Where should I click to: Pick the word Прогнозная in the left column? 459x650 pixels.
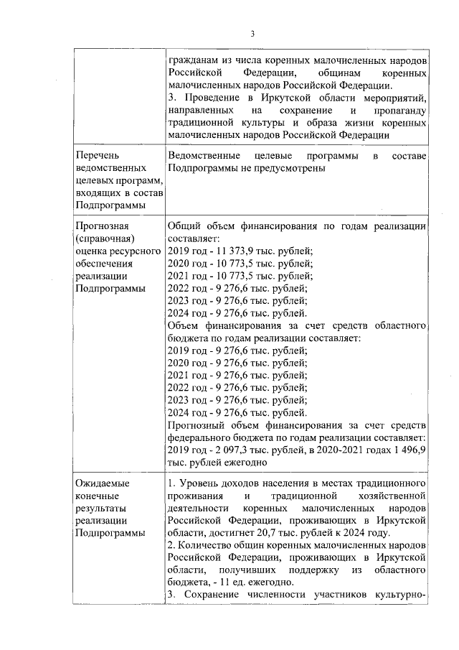[x=102, y=226]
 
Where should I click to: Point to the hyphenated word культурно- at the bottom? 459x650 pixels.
[x=403, y=594]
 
